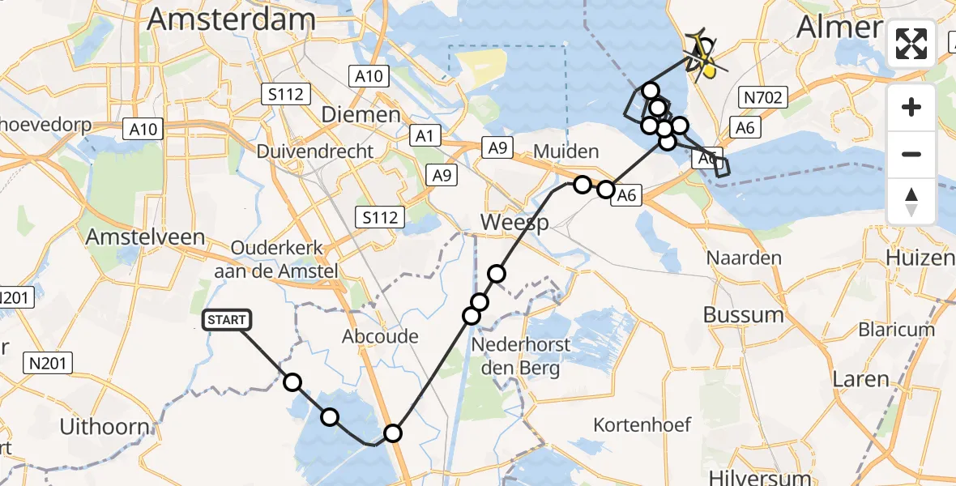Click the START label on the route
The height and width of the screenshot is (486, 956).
click(226, 320)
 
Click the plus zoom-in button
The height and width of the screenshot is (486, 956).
click(911, 107)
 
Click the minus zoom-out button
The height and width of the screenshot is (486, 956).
click(911, 154)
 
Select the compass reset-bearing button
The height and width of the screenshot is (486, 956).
click(911, 201)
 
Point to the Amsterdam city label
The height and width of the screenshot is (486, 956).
click(232, 19)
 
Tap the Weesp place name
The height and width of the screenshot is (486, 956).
click(514, 222)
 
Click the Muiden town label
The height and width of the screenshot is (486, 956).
click(565, 151)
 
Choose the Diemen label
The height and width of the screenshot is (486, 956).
click(361, 114)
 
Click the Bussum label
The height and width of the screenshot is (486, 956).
click(743, 314)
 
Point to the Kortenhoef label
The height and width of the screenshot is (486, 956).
click(642, 424)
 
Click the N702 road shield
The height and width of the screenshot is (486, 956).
click(762, 99)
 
